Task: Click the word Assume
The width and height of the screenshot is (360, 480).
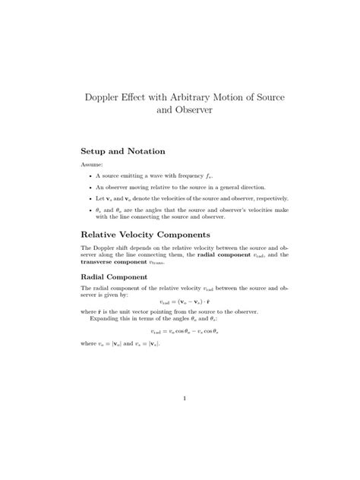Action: [x=92, y=165]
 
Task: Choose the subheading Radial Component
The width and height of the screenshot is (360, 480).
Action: [x=118, y=277]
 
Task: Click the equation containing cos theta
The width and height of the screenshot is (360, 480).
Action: [x=179, y=331]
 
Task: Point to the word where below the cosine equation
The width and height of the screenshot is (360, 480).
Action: [x=89, y=344]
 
